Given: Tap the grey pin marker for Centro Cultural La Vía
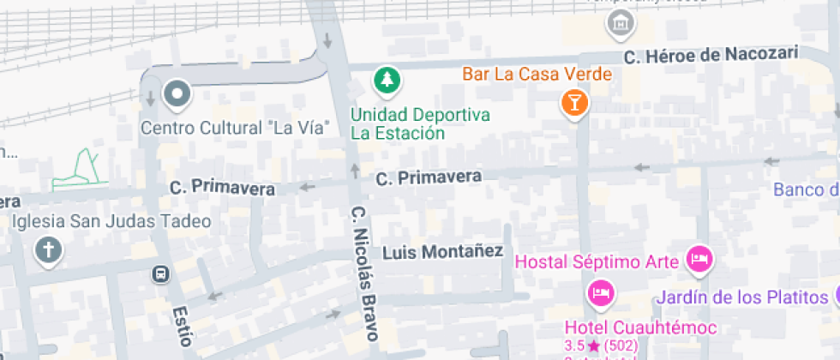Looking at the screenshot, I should click(x=177, y=93).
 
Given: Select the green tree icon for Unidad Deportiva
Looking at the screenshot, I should click(x=387, y=82).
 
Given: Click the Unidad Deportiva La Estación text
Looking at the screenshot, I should click(x=420, y=124).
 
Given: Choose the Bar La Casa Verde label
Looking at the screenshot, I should click(x=537, y=74).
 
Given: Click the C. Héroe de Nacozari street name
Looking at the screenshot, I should click(x=711, y=56).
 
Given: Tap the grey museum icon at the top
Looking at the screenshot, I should click(x=620, y=23).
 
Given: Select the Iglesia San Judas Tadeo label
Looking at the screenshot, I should click(x=111, y=221).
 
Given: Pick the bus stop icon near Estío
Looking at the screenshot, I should click(x=159, y=274).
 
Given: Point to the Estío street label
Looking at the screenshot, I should click(x=180, y=325).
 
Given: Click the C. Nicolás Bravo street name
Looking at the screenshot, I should click(x=363, y=273).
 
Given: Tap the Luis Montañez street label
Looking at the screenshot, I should click(x=442, y=252).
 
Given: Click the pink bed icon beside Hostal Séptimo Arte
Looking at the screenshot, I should click(x=700, y=258).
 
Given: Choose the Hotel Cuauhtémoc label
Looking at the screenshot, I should click(x=640, y=327).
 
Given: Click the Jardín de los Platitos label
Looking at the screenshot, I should click(x=741, y=298).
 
